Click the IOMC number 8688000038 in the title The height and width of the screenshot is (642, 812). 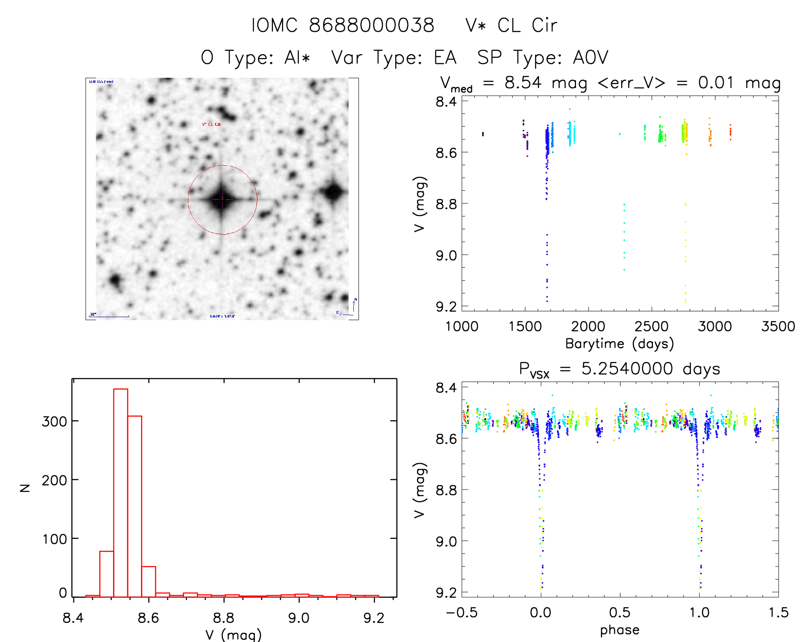click(371, 25)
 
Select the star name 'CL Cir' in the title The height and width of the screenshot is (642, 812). click(527, 25)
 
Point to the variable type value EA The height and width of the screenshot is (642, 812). click(445, 58)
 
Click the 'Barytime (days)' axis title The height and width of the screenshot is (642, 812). click(619, 343)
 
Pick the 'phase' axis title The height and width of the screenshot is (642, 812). click(619, 630)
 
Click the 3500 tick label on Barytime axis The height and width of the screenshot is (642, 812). click(778, 326)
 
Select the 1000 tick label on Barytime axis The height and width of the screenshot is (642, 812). click(462, 326)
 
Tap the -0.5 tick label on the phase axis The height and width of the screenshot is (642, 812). click(462, 612)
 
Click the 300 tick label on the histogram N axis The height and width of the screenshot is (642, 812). click(54, 422)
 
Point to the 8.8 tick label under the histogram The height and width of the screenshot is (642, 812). click(224, 618)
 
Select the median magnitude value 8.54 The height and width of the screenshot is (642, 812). click(523, 83)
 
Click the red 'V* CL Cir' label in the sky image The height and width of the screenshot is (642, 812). click(211, 125)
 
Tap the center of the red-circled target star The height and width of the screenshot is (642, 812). click(222, 199)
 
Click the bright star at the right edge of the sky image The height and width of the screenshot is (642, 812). click(333, 192)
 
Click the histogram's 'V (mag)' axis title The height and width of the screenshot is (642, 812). click(233, 635)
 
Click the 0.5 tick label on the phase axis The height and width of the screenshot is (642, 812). click(619, 612)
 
